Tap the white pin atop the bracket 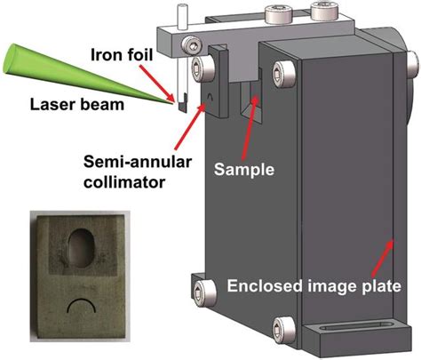point(179,16)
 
